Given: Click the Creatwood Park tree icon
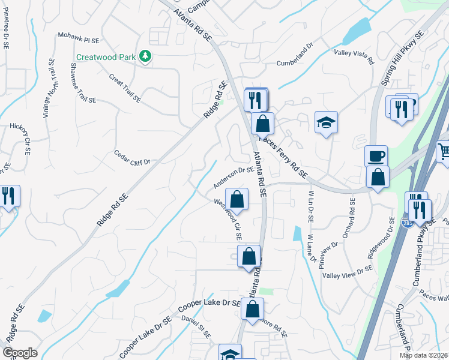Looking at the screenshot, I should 145,56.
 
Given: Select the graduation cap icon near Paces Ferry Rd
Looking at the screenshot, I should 326,122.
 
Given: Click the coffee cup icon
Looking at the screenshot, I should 376,156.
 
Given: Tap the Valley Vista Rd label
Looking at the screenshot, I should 354,56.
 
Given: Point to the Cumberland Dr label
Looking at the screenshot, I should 295,54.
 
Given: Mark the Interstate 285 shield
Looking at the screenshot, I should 406,223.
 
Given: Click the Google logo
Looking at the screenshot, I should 20,353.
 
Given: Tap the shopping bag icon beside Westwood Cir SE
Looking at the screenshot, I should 237,199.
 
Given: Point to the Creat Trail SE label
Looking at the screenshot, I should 125,88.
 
